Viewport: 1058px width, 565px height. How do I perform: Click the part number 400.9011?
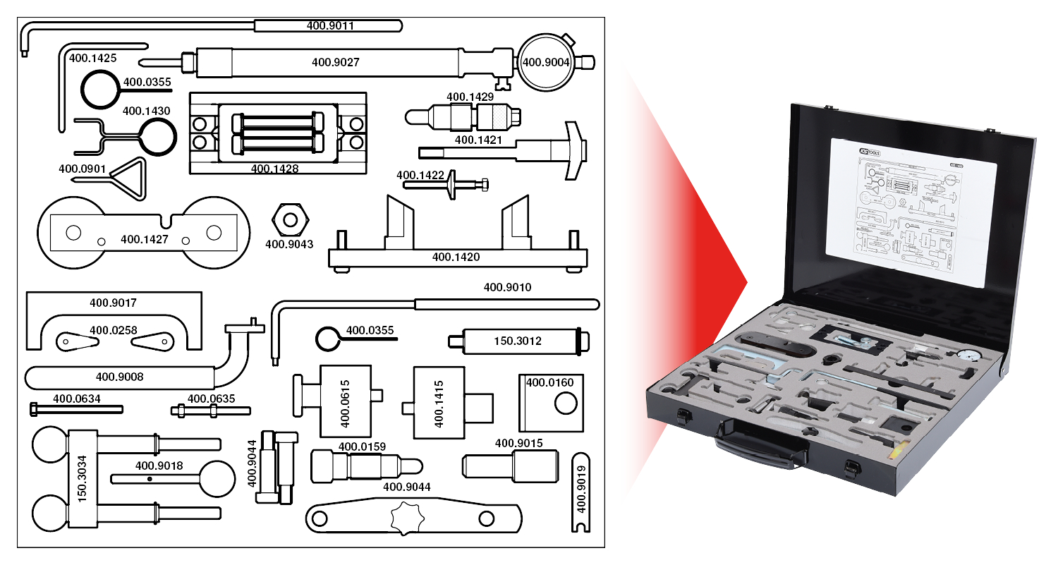(330, 26)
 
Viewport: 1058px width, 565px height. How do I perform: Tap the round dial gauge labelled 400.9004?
(545, 62)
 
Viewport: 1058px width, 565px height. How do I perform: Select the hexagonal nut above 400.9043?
(289, 219)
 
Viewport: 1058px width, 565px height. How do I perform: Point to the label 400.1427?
(145, 239)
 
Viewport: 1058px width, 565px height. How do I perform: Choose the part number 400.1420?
(456, 257)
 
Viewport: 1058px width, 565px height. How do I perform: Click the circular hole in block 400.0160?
(566, 404)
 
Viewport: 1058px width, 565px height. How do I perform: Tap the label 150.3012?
(517, 341)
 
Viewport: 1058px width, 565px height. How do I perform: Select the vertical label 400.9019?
(581, 490)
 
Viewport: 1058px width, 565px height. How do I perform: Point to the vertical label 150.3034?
(82, 478)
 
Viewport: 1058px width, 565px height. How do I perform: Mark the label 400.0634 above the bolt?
(77, 399)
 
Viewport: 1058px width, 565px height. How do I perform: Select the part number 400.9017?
(113, 303)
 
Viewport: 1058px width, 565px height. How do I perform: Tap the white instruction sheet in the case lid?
(913, 212)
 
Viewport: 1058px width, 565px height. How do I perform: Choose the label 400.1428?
(274, 169)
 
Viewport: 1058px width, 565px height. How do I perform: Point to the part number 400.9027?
(335, 62)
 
